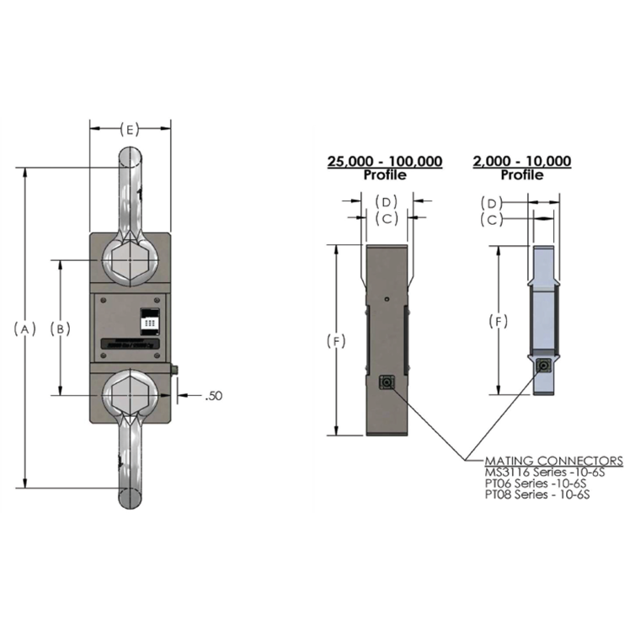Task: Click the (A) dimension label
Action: (25, 328)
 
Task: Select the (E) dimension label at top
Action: (130, 129)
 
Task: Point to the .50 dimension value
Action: (214, 394)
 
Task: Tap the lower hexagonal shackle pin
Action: (130, 393)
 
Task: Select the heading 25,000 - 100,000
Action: (385, 162)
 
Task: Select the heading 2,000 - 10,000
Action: (522, 162)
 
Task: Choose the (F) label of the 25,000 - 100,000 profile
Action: (336, 341)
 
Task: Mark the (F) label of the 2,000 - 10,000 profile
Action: (499, 322)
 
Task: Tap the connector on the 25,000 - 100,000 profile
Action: (388, 382)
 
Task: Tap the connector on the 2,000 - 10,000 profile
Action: (545, 366)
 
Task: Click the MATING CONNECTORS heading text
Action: (553, 461)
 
